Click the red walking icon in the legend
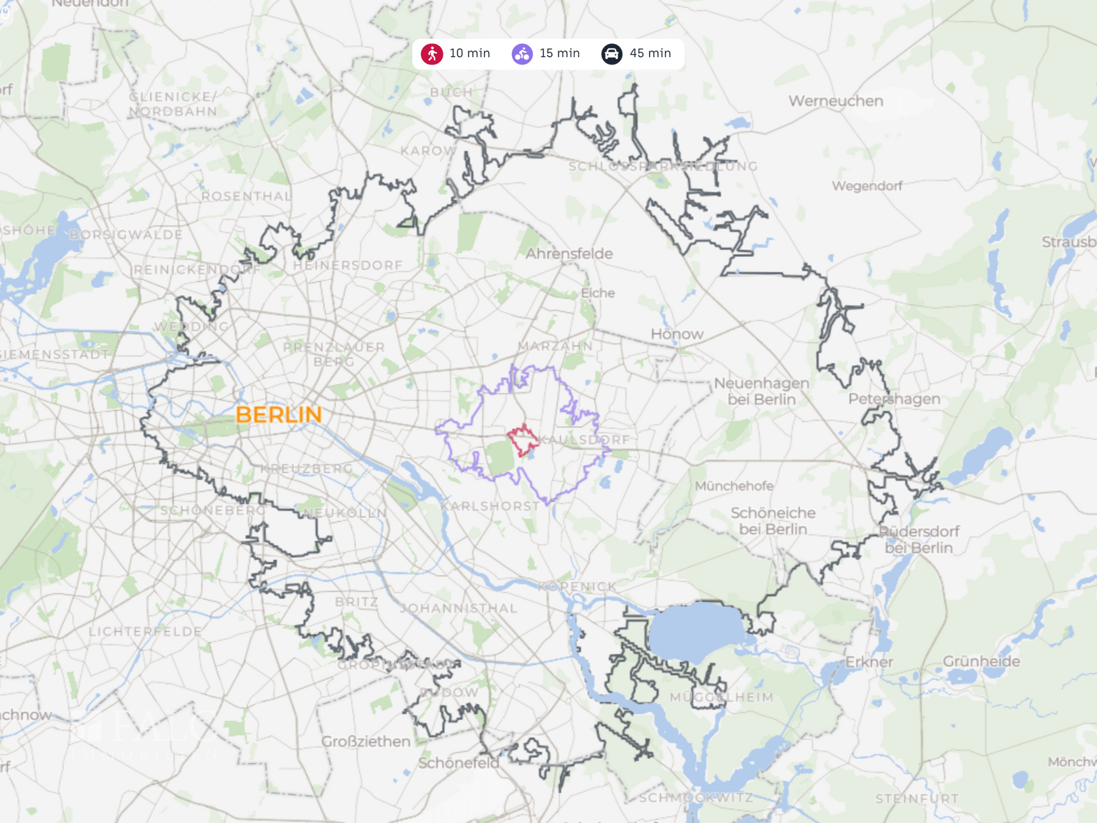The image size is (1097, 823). pyautogui.click(x=432, y=54)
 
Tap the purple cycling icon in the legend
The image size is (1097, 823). pyautogui.click(x=522, y=54)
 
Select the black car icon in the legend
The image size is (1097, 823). pyautogui.click(x=611, y=54)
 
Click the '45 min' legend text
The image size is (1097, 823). pyautogui.click(x=650, y=53)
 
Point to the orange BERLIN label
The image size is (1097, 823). pyautogui.click(x=279, y=415)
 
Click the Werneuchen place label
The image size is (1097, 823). pyautogui.click(x=836, y=101)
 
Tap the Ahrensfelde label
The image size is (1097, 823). pyautogui.click(x=569, y=254)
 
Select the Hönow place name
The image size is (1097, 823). pyautogui.click(x=677, y=334)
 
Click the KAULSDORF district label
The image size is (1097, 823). pyautogui.click(x=584, y=440)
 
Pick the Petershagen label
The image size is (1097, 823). pyautogui.click(x=894, y=399)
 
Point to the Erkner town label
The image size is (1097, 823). pyautogui.click(x=869, y=662)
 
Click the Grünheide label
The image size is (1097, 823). pyautogui.click(x=981, y=661)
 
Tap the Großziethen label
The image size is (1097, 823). pyautogui.click(x=366, y=741)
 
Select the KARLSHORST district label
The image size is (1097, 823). pyautogui.click(x=490, y=506)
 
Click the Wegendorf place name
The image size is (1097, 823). pyautogui.click(x=867, y=186)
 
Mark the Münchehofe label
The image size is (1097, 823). pyautogui.click(x=734, y=486)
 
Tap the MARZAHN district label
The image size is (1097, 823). pyautogui.click(x=555, y=346)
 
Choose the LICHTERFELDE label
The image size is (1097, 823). pyautogui.click(x=145, y=632)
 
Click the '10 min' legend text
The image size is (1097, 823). pyautogui.click(x=470, y=53)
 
